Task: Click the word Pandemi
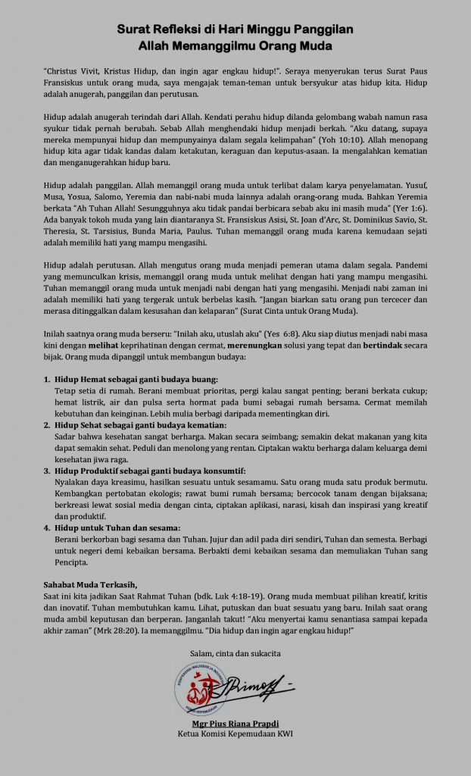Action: (408, 267)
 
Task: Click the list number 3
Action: (47, 470)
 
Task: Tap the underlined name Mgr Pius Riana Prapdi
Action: (235, 723)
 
